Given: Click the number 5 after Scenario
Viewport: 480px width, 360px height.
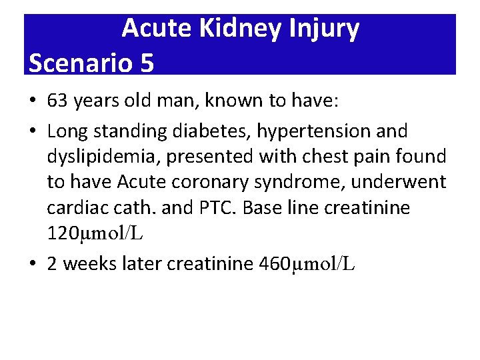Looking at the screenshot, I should pyautogui.click(x=147, y=63).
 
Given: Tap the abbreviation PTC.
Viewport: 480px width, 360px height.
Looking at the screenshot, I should pyautogui.click(x=213, y=208).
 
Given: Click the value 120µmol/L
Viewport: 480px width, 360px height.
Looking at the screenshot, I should pyautogui.click(x=95, y=234).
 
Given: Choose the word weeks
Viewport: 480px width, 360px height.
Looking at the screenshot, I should pyautogui.click(x=89, y=264).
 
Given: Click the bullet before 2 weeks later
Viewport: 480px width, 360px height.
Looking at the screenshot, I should pyautogui.click(x=33, y=265).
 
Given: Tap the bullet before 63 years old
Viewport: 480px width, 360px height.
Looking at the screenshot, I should pyautogui.click(x=33, y=101).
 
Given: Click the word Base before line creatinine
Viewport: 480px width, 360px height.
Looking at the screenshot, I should pyautogui.click(x=262, y=208).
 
